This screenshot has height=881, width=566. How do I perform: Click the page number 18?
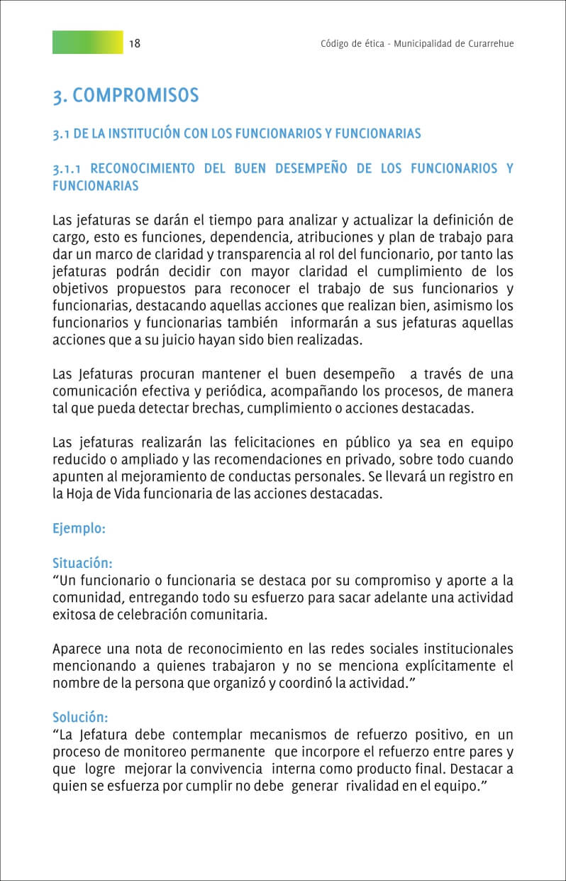point(135,43)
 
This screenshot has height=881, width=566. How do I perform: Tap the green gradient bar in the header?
point(87,43)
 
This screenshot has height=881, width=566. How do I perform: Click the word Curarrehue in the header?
point(490,43)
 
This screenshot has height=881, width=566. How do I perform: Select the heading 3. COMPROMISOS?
point(126,95)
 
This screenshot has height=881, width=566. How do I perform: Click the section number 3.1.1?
point(69,169)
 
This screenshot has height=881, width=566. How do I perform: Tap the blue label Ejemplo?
point(79,529)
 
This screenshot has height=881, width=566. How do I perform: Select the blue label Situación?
point(82,563)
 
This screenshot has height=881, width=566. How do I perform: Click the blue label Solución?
point(80,717)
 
